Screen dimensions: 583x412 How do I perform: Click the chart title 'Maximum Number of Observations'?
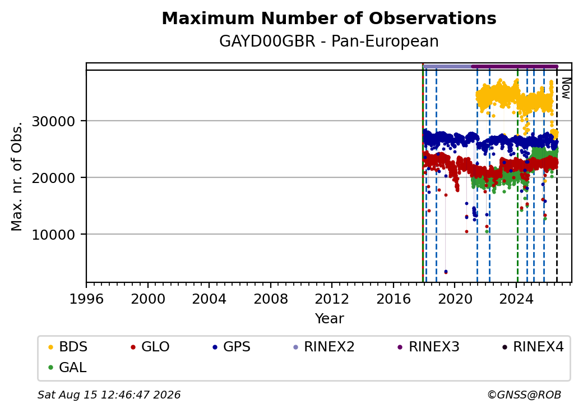pos(329,18)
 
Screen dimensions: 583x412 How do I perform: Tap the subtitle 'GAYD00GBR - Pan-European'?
pos(329,42)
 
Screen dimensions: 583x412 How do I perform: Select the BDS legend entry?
pos(68,347)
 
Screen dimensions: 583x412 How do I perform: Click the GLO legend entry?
pos(150,347)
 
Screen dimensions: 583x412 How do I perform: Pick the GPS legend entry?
pos(232,347)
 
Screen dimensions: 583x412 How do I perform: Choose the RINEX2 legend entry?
pos(324,347)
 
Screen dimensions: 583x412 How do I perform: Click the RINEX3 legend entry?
pos(429,347)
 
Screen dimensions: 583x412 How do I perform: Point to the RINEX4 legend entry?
pos(533,347)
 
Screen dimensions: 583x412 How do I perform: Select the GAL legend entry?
pos(68,367)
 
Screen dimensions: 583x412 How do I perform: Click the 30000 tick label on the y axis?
pos(54,121)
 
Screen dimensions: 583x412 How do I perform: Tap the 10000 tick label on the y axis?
pos(54,235)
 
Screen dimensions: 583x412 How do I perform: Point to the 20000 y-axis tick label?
pos(54,178)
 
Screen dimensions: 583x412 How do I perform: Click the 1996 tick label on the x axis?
pos(87,299)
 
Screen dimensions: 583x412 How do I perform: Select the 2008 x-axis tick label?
pos(271,299)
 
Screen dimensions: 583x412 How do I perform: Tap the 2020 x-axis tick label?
pos(455,299)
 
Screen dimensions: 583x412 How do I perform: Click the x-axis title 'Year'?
pos(330,319)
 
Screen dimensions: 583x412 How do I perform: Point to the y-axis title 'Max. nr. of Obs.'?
pos(17,176)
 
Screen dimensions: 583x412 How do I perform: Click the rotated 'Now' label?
pos(566,88)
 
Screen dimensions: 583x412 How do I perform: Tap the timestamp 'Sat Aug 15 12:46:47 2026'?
pos(109,395)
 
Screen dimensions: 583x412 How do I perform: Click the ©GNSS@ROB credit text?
pos(524,395)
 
